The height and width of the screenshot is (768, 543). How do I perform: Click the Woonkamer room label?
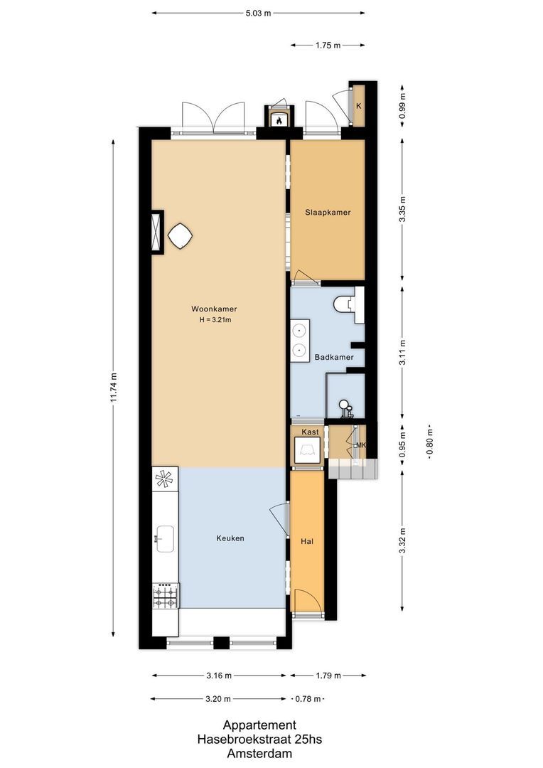click(x=214, y=309)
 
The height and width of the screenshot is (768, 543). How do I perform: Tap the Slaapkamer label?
click(x=328, y=213)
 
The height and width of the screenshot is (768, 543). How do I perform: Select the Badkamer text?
click(x=334, y=357)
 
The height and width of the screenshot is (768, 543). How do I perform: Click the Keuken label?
click(x=230, y=538)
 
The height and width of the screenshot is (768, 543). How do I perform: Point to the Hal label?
click(x=307, y=541)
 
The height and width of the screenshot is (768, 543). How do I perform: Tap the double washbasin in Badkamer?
click(x=300, y=340)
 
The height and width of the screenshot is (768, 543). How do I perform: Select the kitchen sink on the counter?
click(x=165, y=537)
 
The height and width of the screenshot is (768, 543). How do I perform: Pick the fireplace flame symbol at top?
click(x=279, y=120)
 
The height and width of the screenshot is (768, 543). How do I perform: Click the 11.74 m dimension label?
click(x=113, y=388)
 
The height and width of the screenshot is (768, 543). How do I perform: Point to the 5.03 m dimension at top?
click(x=259, y=13)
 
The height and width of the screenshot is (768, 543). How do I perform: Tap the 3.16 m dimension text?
click(x=218, y=676)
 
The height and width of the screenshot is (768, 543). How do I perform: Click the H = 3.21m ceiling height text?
click(x=215, y=320)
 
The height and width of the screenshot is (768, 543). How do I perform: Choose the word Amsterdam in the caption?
click(x=259, y=753)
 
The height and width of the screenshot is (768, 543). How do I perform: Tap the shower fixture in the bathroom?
click(x=345, y=408)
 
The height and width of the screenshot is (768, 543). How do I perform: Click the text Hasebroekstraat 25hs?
click(x=259, y=740)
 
